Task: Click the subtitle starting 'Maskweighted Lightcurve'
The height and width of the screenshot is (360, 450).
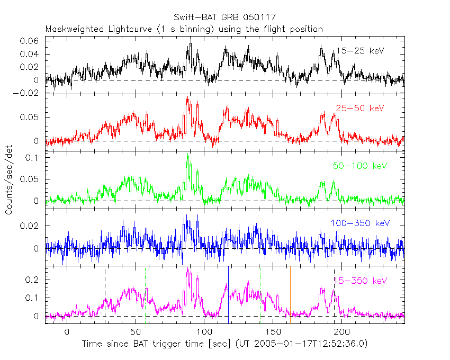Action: (184, 29)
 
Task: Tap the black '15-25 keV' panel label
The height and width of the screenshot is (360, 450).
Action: (360, 51)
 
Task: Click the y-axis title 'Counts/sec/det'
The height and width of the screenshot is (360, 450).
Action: (9, 180)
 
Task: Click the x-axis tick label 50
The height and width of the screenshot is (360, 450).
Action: (136, 331)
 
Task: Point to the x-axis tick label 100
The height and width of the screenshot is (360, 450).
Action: (204, 331)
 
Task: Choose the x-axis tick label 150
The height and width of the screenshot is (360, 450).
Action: (272, 331)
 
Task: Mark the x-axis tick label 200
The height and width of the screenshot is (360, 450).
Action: (341, 331)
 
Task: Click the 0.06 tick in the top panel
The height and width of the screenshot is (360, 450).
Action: (30, 41)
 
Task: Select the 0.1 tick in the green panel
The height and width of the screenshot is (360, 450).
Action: (33, 158)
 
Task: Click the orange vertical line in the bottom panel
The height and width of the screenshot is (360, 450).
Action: (290, 294)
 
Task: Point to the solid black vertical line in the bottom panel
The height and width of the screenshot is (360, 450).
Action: (228, 294)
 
